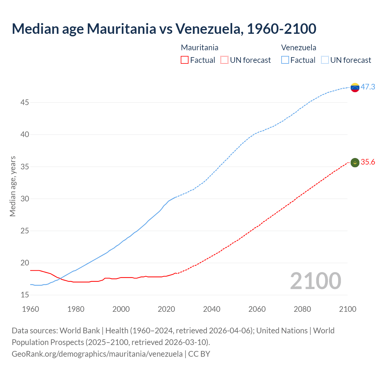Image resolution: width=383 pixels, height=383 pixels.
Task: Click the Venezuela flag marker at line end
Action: click(355, 88)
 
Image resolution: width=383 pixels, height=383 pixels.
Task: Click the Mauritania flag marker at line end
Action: click(355, 162)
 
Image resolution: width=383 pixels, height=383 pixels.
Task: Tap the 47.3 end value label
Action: click(368, 87)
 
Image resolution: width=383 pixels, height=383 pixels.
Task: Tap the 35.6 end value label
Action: click(368, 162)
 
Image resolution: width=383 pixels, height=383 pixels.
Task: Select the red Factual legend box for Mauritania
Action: click(185, 60)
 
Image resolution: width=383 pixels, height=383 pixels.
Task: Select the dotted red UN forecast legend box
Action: click(224, 60)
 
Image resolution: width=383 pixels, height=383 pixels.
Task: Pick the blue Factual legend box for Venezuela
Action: click(285, 60)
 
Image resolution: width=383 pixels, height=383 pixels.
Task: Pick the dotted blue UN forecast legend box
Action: click(325, 60)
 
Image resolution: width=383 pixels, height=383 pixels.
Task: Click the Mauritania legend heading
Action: click(200, 48)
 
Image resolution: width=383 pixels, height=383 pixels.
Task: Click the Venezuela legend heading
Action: click(299, 48)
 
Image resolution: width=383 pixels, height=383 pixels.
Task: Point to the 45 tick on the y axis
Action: click(25, 103)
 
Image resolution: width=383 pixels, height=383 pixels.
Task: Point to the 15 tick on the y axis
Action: click(25, 295)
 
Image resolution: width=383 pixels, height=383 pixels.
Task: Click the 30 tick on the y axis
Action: click(25, 199)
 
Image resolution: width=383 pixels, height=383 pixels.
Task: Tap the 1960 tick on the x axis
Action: click(31, 309)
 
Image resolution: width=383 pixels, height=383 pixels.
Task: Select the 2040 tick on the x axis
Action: click(212, 309)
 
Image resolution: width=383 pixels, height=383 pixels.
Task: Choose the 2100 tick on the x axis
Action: click(347, 309)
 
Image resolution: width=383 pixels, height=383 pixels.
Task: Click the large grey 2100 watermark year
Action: click(315, 281)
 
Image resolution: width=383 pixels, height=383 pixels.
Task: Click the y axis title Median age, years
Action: click(13, 186)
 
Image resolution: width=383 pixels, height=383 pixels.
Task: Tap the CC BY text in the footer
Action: click(199, 354)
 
